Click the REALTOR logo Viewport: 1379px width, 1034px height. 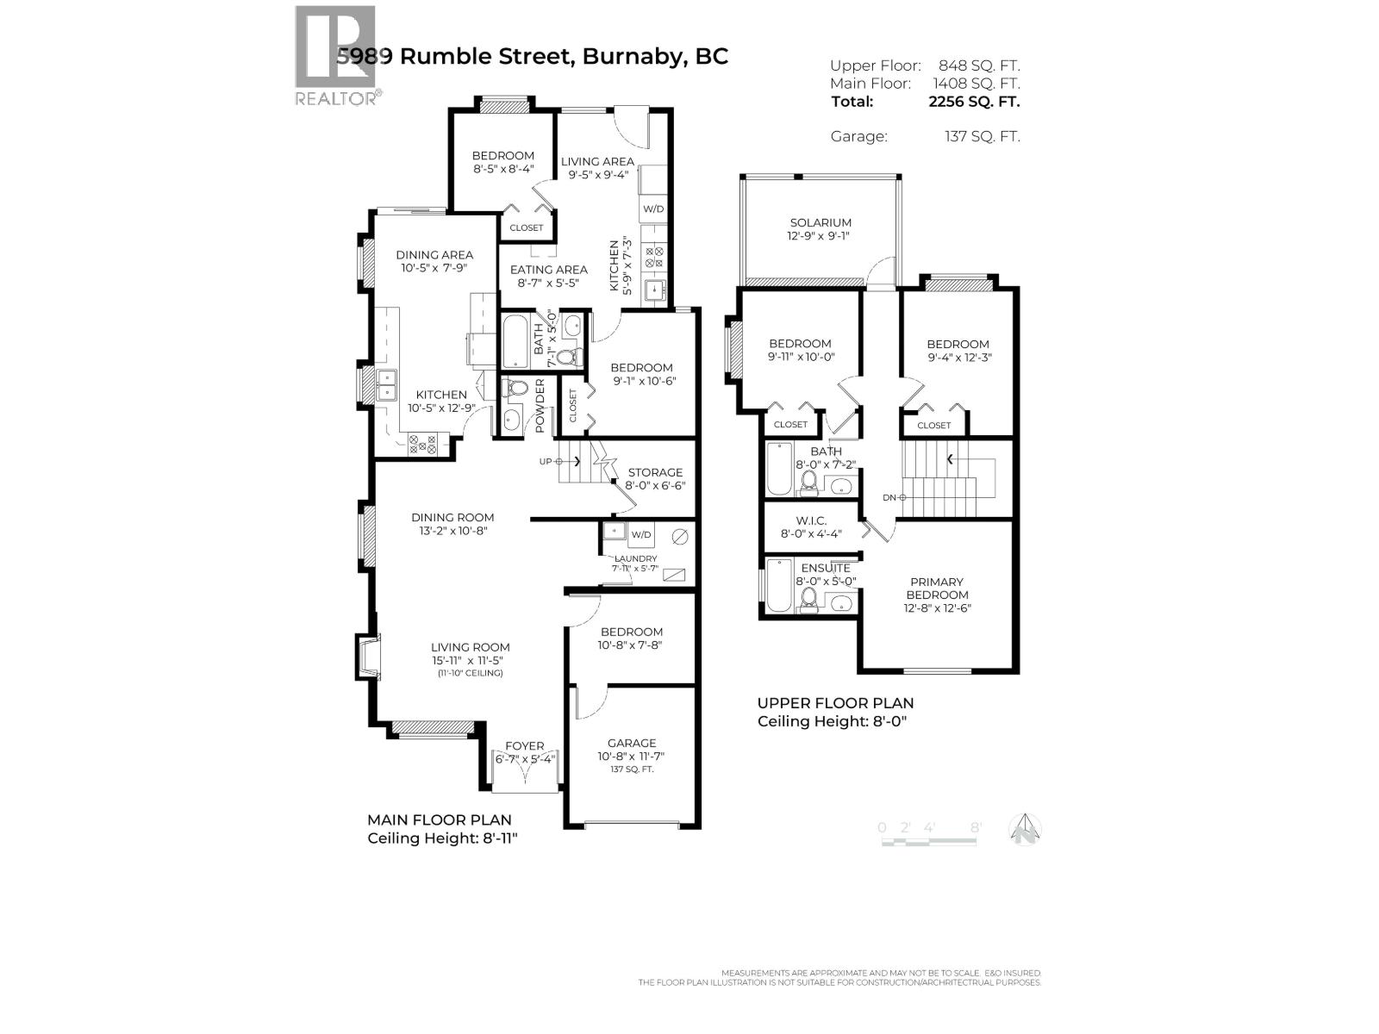point(335,55)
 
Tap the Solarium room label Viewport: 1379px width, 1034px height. point(820,222)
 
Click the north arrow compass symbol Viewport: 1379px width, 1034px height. point(1025,830)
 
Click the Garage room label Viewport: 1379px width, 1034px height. point(631,743)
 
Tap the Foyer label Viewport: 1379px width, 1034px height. point(524,746)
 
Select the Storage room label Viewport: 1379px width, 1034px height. point(655,472)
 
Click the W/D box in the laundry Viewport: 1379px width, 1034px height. point(640,534)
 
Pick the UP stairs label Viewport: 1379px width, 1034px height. point(546,462)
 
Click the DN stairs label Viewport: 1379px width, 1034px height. point(889,497)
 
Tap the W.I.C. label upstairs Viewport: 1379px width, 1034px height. point(810,520)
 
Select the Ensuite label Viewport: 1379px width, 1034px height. point(826,568)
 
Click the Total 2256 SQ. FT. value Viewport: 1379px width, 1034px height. point(973,101)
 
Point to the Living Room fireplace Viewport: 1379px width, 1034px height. point(367,657)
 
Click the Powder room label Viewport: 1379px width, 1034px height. point(540,406)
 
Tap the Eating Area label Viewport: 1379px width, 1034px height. point(548,269)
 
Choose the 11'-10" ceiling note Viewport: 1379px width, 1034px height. point(471,673)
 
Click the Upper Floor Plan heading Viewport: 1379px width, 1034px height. point(835,703)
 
